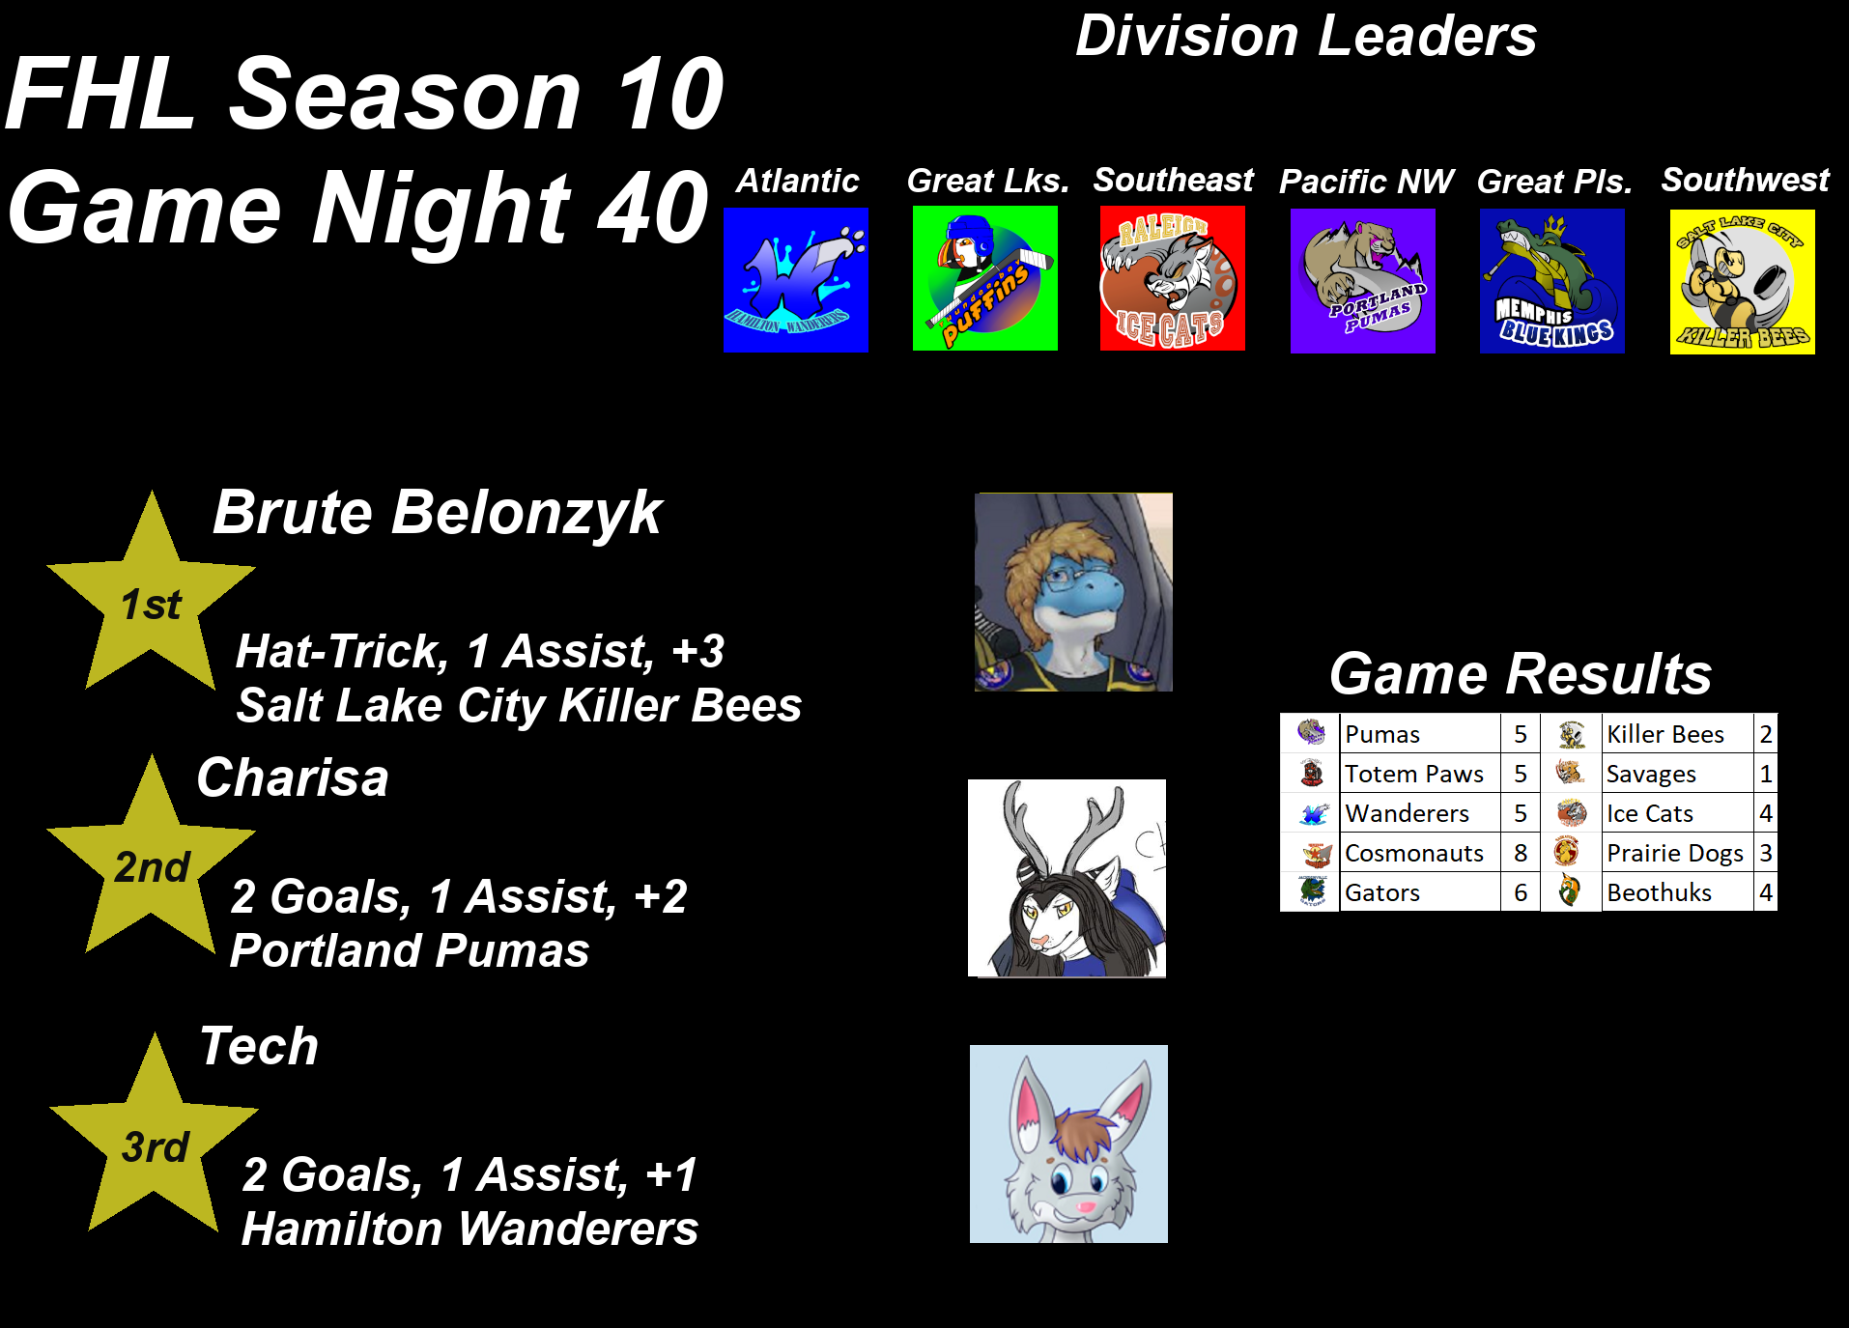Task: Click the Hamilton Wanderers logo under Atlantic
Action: (796, 280)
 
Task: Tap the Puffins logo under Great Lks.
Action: (985, 278)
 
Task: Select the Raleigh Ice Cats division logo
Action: (1173, 278)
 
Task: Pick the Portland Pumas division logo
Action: (1363, 281)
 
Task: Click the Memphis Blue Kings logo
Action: (1552, 281)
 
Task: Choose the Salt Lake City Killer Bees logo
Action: (1743, 282)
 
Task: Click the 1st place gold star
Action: (152, 599)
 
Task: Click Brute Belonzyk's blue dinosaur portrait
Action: (1073, 592)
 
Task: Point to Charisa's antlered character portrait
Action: (1067, 879)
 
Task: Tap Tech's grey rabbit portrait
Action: (1068, 1144)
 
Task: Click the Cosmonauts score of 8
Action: (1521, 853)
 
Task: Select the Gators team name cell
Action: (1420, 892)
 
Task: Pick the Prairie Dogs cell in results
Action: (1677, 853)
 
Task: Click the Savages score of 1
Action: (1766, 774)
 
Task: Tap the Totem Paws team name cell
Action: (1420, 774)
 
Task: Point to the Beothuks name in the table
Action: (1659, 892)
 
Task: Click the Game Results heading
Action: (1521, 673)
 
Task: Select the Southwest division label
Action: (1746, 180)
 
